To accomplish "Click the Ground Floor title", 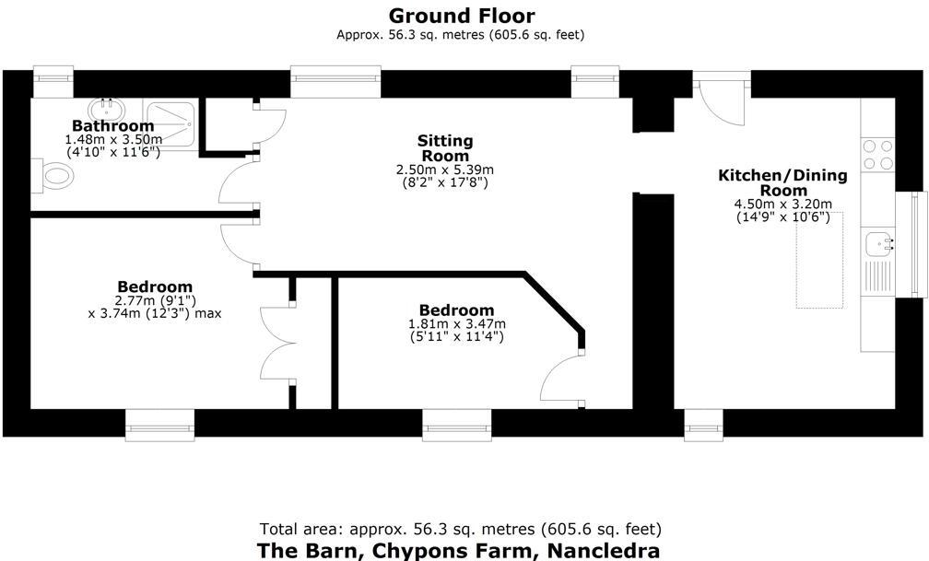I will point(462,16).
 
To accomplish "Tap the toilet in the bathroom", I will point(55,176).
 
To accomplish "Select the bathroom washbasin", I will point(109,108).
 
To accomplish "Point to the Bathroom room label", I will point(112,126).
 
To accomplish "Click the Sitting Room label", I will point(445,147).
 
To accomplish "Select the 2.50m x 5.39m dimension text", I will point(445,169).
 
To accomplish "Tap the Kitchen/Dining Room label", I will point(783,182).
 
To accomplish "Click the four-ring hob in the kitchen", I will point(877,154).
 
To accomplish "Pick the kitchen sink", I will point(879,243).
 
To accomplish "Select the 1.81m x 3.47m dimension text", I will point(456,324).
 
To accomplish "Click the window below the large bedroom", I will point(160,425).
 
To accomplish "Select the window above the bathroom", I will point(53,81).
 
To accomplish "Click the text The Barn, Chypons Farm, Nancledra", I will point(458,551).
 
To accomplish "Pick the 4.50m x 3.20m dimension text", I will point(783,205).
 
